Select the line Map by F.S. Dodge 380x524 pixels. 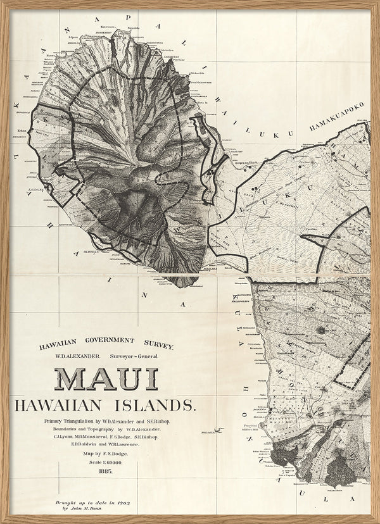(106, 453)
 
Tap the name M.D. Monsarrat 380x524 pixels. (91, 437)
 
